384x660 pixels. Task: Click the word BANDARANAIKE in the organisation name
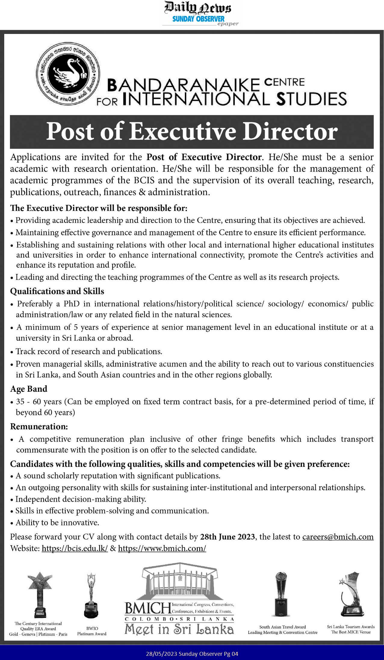tap(183, 85)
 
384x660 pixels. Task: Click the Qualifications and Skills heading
tap(57, 291)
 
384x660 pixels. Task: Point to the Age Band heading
tap(29, 389)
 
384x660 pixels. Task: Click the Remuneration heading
tap(39, 426)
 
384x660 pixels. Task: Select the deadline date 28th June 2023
tap(228, 537)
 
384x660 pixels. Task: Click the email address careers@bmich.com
tap(338, 537)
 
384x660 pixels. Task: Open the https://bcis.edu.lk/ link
tap(75, 548)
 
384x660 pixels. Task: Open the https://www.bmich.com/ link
tap(162, 548)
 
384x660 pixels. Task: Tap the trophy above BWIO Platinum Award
tap(90, 595)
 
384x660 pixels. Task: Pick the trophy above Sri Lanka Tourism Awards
tap(351, 594)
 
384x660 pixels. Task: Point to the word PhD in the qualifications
tap(71, 304)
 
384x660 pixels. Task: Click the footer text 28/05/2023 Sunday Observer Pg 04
tap(192, 654)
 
